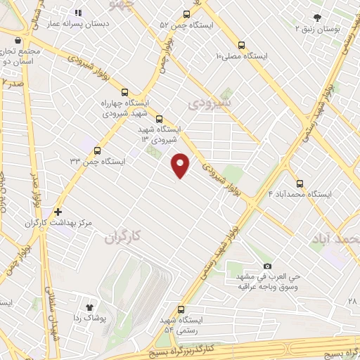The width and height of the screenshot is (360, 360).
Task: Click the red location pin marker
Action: click(181, 165)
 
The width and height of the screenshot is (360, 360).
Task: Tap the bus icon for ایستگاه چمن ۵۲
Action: click(186, 14)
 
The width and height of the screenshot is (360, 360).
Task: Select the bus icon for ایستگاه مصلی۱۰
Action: click(242, 42)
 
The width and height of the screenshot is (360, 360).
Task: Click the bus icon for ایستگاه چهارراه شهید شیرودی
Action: click(124, 92)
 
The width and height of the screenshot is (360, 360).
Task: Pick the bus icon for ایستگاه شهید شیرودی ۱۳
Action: click(158, 119)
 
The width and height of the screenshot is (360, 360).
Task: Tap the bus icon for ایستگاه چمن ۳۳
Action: click(97, 150)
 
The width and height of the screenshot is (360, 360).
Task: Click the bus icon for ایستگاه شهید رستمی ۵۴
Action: click(181, 309)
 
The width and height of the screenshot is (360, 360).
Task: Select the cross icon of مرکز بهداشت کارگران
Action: click(58, 211)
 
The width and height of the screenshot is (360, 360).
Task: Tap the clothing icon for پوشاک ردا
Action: click(89, 307)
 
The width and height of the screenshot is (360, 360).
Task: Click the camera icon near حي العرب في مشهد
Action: click(267, 266)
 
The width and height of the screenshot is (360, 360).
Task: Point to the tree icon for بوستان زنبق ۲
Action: click(317, 18)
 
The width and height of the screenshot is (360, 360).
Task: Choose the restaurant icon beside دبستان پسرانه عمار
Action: click(78, 13)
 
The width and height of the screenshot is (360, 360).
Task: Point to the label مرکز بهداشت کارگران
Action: click(59, 223)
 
